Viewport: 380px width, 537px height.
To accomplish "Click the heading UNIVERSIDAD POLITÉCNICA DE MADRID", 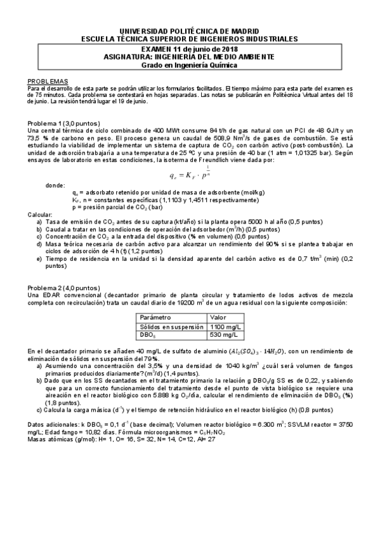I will [x=190, y=30].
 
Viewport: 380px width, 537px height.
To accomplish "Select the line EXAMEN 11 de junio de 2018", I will [x=190, y=49].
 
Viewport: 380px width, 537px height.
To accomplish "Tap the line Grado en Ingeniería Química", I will [x=190, y=65].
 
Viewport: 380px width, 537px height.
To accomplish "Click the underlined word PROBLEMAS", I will [x=48, y=82].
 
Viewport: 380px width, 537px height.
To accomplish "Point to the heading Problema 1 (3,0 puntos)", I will [x=63, y=123].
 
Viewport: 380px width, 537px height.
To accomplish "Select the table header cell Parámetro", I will [x=156, y=317].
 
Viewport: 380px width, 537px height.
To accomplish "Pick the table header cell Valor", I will [x=219, y=317].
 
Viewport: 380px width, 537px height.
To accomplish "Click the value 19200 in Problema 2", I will [x=192, y=303].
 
